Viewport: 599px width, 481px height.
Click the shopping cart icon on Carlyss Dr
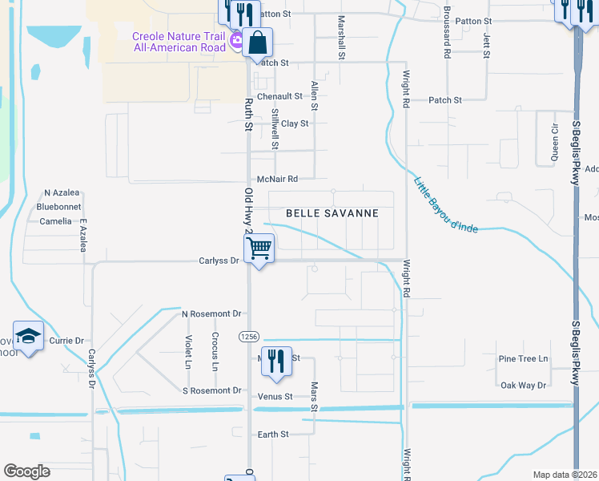259,248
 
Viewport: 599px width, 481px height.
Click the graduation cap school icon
27,337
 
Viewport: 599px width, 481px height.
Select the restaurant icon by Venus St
273,360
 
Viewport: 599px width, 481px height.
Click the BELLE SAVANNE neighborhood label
332,214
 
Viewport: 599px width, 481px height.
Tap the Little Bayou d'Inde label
445,205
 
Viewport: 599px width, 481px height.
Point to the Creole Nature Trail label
179,42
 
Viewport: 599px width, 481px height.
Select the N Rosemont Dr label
211,313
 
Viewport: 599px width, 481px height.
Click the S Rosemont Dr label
211,390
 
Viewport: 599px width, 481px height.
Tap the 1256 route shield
247,338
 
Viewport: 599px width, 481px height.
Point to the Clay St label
295,123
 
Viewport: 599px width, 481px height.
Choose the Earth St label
273,434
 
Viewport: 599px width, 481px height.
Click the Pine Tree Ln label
523,358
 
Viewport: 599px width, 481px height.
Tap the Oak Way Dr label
523,386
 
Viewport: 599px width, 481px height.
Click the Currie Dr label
66,341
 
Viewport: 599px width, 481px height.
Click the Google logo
26,471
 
